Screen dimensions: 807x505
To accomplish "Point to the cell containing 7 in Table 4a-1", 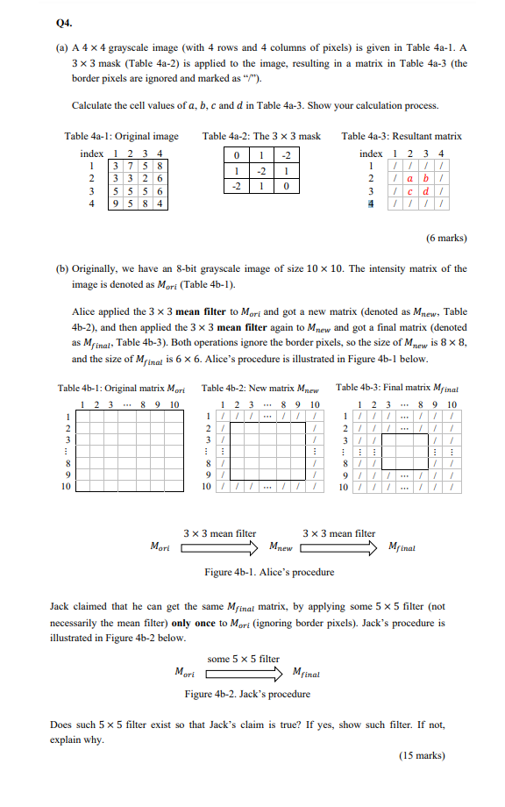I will [x=125, y=167].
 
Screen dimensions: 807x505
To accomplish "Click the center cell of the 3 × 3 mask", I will [x=260, y=172].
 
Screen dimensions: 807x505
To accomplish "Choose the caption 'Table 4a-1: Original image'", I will [x=121, y=137].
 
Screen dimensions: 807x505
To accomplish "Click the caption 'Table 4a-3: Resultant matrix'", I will [x=402, y=137].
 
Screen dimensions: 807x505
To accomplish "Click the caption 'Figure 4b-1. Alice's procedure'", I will [x=268, y=572].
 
